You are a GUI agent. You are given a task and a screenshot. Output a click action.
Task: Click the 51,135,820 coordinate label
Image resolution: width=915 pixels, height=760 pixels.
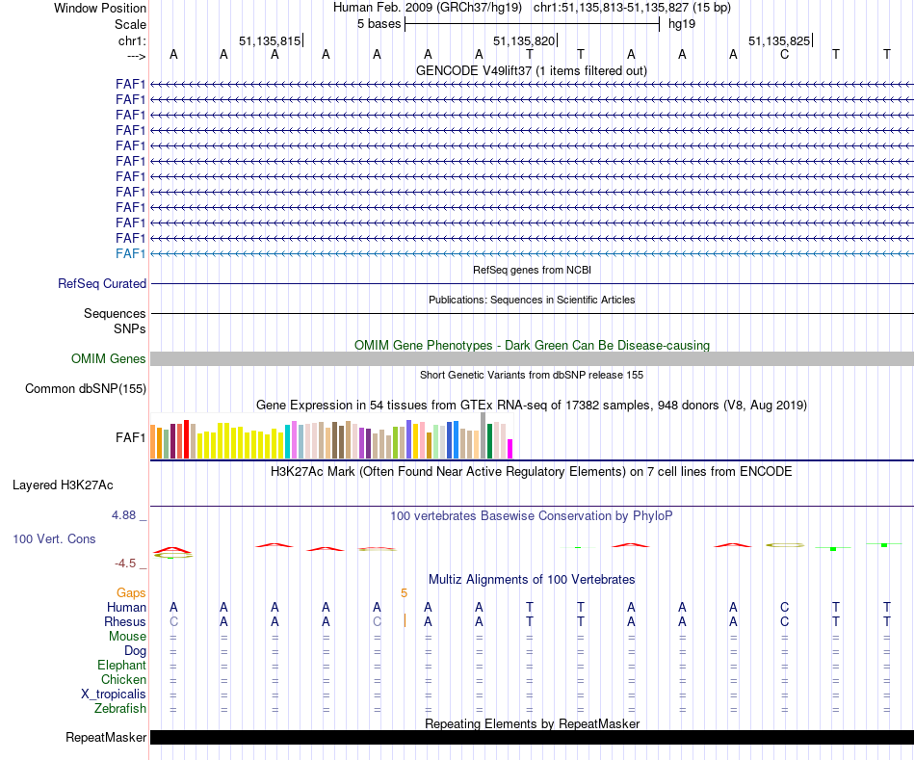(524, 40)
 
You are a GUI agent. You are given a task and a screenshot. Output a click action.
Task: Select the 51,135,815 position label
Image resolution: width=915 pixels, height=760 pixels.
(270, 40)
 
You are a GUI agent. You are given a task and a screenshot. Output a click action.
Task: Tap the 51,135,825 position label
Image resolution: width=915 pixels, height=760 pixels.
(779, 40)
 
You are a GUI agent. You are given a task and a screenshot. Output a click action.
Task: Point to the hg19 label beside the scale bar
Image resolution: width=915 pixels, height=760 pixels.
(682, 24)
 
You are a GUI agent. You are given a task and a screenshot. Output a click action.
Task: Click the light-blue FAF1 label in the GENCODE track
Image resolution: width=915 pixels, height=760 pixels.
(131, 253)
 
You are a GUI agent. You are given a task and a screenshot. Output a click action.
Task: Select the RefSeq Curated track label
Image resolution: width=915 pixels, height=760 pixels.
(102, 284)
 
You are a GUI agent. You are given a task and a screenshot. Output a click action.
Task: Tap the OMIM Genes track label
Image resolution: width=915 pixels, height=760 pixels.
(109, 358)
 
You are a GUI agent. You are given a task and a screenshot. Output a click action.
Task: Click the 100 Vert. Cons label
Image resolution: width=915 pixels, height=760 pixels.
(54, 539)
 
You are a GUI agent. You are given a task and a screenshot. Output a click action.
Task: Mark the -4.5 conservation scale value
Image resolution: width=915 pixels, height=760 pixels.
(127, 563)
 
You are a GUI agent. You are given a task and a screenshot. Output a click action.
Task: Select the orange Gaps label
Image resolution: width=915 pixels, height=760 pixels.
(131, 592)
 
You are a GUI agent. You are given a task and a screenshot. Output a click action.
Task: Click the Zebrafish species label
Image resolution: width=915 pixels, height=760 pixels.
(120, 709)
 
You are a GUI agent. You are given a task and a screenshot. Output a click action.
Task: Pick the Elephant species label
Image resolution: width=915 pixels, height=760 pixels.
(121, 666)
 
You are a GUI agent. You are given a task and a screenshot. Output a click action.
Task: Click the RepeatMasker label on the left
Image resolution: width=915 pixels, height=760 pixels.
(106, 738)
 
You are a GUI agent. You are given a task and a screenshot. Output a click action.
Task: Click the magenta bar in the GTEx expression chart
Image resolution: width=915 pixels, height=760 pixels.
(510, 449)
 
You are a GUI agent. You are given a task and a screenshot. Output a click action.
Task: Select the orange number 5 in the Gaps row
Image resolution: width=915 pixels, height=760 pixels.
(405, 592)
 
